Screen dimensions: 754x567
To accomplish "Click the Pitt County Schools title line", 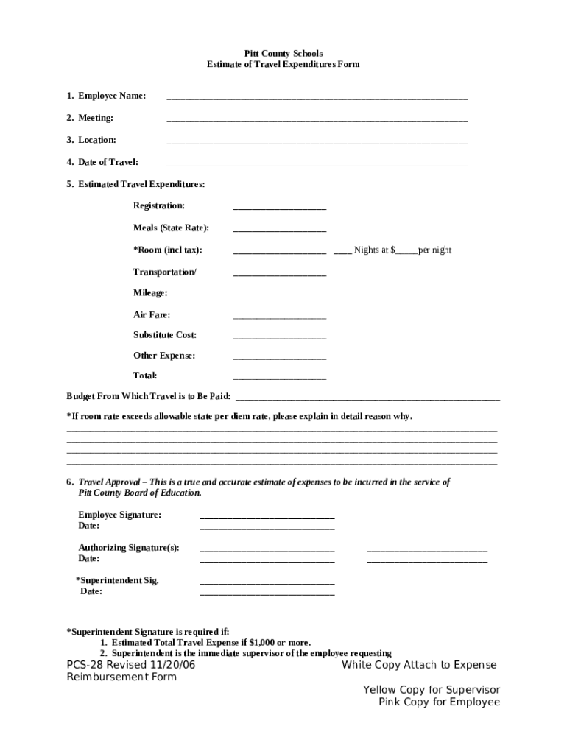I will point(283,54).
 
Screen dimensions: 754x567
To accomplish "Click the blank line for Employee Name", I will point(317,97).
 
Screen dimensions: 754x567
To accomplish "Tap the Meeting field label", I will point(96,118).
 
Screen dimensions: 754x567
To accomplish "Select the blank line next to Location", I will point(317,141).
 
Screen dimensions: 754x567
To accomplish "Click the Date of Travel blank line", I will point(317,163).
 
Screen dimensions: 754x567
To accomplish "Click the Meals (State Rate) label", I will point(171,228).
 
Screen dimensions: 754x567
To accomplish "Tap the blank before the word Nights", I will point(342,252).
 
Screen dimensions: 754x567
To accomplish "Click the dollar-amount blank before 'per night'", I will point(407,252).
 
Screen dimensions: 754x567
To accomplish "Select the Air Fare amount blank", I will point(280,317).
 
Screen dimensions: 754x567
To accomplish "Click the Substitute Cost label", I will point(165,335).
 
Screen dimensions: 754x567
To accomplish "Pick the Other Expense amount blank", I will point(280,358).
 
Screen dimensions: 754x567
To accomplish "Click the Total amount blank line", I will point(280,378).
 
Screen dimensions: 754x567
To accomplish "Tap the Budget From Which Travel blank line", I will point(367,398).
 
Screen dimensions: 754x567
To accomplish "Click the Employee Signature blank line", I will point(267,517).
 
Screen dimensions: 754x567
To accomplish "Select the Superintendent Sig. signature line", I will point(267,582).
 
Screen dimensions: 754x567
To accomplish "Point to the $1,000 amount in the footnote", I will point(262,643).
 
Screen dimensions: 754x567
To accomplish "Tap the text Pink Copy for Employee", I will point(439,702).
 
